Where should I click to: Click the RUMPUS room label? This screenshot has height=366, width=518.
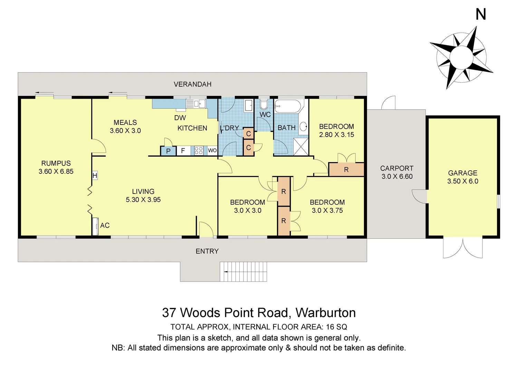coord(56,164)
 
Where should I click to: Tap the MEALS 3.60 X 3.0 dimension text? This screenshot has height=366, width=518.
coord(125,131)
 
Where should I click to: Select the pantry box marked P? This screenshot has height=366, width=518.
coord(168,151)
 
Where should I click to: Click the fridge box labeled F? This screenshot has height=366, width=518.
coord(183,151)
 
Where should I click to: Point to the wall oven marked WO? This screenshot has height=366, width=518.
coord(212,150)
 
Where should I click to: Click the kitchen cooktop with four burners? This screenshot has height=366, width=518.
coord(199,150)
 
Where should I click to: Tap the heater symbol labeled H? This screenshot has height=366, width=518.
coord(95,176)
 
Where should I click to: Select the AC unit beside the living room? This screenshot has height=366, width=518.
coord(95,226)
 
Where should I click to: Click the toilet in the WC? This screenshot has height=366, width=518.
coord(264,104)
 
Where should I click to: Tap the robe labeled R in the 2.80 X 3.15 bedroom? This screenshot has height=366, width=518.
coord(346,170)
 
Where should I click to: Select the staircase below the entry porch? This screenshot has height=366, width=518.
coord(243,271)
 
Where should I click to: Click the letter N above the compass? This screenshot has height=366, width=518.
coord(480,14)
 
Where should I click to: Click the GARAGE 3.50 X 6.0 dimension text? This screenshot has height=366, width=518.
coord(463,181)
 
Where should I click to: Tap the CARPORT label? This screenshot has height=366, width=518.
coord(396,168)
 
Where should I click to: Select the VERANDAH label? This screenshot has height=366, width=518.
coord(192,84)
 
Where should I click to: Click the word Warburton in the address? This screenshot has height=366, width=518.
coord(326,313)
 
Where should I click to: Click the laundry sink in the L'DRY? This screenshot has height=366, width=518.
coord(248,105)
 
